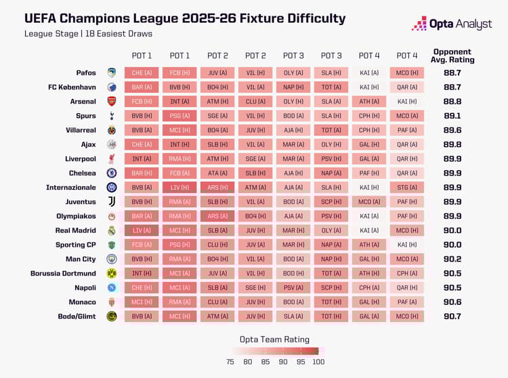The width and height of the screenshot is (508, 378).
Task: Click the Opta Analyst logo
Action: [450, 24]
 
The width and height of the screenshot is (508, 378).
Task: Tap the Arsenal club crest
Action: [112, 101]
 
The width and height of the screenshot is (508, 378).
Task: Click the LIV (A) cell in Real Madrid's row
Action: [142, 230]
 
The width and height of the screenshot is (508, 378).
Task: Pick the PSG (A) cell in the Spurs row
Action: [180, 116]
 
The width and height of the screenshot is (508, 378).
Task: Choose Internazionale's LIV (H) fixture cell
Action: [180, 188]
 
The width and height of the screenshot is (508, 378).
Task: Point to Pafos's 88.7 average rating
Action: [452, 72]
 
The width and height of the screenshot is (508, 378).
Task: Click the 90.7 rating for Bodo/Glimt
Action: [452, 316]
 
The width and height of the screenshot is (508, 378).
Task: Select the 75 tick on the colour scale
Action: [230, 362]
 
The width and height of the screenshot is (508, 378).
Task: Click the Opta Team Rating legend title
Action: [274, 339]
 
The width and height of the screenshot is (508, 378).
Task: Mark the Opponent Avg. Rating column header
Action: [452, 56]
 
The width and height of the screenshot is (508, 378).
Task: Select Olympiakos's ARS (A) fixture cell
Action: [217, 216]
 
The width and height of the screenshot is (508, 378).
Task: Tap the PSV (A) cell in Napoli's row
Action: [293, 288]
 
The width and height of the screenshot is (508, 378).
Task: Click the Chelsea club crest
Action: [112, 173]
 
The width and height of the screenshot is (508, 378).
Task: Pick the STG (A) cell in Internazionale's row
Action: [407, 188]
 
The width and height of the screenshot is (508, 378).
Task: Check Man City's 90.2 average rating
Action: [452, 259]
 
